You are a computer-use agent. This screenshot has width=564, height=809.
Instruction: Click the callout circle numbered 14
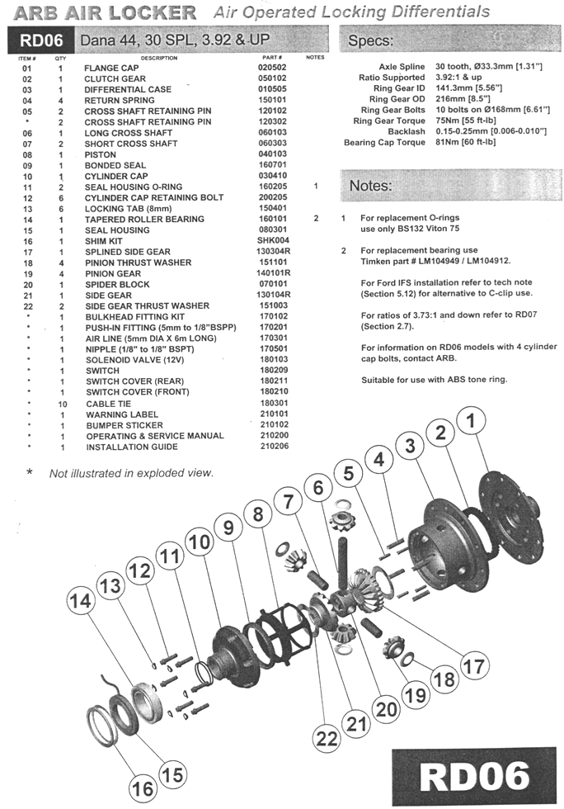[x=81, y=601]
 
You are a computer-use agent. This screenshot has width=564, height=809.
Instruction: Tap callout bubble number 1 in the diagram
[x=470, y=420]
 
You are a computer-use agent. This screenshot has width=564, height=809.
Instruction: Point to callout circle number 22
[x=327, y=738]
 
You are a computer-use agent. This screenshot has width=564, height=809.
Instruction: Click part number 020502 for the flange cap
[x=272, y=68]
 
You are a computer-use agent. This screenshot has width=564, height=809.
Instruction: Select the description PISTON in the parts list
[x=101, y=155]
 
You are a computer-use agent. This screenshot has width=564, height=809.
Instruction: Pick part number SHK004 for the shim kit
[x=273, y=240]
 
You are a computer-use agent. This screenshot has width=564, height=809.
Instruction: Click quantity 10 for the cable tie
[x=63, y=404]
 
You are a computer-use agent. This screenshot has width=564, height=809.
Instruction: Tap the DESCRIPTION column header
[x=159, y=58]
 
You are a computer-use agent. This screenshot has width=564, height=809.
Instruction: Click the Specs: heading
[x=371, y=40]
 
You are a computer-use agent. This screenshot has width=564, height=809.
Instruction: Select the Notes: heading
[x=371, y=186]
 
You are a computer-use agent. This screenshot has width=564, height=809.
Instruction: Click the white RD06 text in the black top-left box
[x=41, y=40]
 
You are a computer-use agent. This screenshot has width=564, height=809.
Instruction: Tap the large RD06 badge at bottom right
[x=474, y=777]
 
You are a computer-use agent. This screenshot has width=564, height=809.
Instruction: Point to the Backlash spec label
[x=407, y=131]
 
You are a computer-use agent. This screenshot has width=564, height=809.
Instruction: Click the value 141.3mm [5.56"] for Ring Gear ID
[x=468, y=88]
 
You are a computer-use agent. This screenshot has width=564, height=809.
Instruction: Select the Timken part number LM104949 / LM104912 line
[x=435, y=261]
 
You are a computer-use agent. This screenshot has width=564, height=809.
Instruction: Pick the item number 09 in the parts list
[x=27, y=166]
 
